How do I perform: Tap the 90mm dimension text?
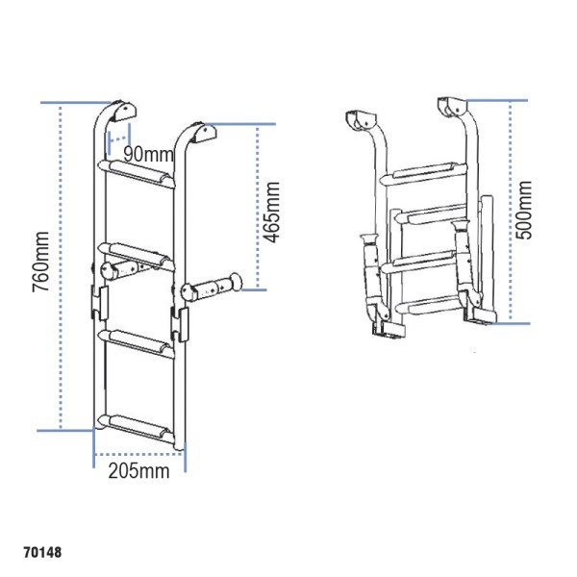tap(148, 154)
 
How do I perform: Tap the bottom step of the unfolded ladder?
tap(139, 423)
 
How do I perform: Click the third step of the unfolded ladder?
tap(139, 339)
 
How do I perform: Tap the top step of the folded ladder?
tap(427, 174)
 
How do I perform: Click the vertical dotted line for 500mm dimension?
tap(511, 212)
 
